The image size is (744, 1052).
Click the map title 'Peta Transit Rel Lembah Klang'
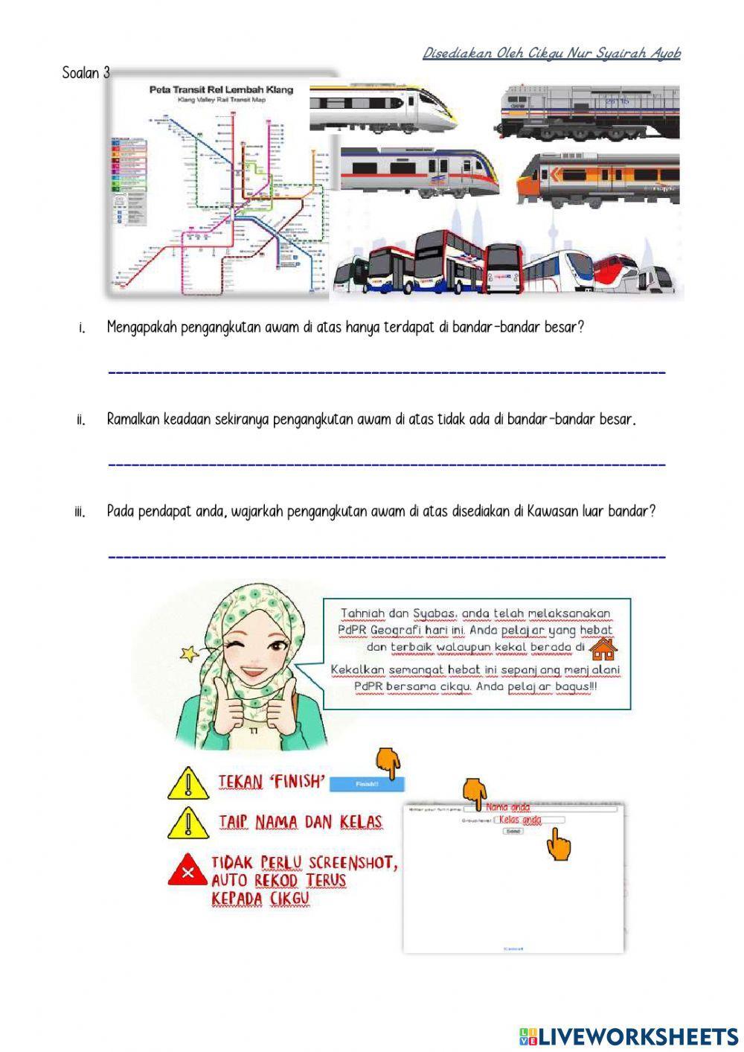click(x=221, y=89)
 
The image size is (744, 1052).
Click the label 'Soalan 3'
click(x=86, y=73)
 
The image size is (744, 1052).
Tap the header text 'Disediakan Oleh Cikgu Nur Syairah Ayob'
click(x=551, y=54)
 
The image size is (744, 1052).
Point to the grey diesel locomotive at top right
click(x=591, y=112)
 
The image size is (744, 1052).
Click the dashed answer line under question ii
click(x=387, y=465)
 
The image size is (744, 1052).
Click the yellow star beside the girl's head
click(x=188, y=654)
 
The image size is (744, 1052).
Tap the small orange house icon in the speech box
click(x=603, y=648)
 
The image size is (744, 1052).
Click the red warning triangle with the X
click(x=189, y=870)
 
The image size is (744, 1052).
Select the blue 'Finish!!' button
click(x=367, y=784)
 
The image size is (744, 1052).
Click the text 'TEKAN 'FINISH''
click(x=272, y=782)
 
